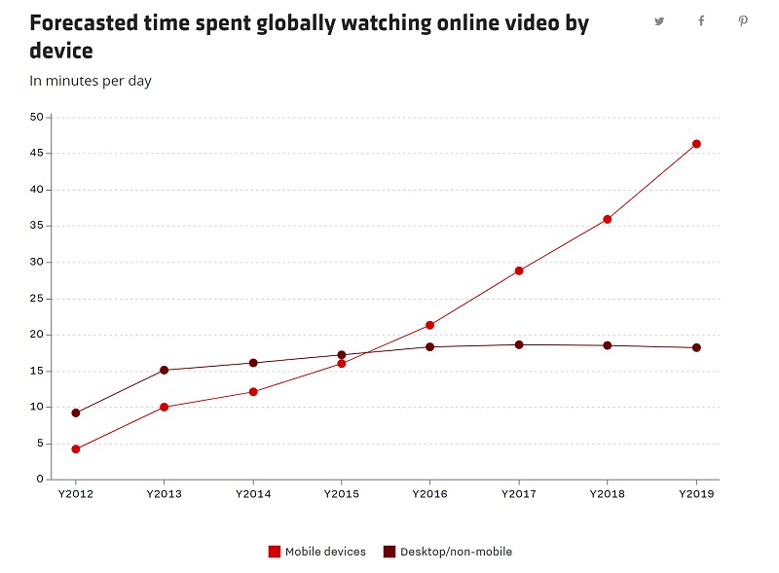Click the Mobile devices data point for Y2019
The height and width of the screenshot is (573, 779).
696,144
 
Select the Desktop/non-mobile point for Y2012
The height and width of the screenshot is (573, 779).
75,412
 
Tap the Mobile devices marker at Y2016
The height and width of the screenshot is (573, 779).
429,325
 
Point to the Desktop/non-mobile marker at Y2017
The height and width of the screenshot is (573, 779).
519,344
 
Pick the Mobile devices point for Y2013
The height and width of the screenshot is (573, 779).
164,407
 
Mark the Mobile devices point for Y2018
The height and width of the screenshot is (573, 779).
608,219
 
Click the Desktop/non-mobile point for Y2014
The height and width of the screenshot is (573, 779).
253,363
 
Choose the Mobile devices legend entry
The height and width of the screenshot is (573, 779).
317,552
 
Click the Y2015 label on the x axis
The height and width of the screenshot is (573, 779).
341,494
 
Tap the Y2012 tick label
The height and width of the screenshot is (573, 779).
75,494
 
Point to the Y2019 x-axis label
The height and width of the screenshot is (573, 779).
696,494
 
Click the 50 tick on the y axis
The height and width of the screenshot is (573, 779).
37,117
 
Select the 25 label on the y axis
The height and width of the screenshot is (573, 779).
37,299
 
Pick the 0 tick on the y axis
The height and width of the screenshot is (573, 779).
40,480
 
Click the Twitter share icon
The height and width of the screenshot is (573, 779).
659,21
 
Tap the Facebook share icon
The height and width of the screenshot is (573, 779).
701,21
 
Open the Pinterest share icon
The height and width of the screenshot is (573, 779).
743,21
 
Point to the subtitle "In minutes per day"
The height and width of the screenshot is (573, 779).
91,81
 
